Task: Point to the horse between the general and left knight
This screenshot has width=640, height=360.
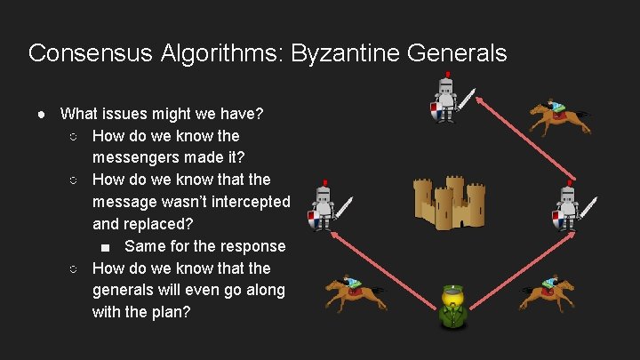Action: (x=355, y=292)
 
